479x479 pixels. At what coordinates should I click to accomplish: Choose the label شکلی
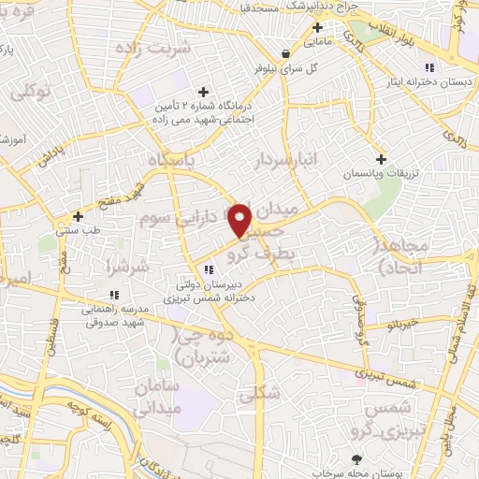pyautogui.click(x=259, y=394)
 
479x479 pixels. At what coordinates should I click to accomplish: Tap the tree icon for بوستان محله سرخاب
pyautogui.click(x=357, y=459)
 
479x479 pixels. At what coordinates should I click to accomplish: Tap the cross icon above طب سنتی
pyautogui.click(x=78, y=216)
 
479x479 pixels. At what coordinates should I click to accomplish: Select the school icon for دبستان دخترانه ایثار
pyautogui.click(x=428, y=66)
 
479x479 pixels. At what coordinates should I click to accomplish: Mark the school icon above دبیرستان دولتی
pyautogui.click(x=208, y=270)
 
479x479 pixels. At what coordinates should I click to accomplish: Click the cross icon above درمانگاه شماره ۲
pyautogui.click(x=203, y=91)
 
